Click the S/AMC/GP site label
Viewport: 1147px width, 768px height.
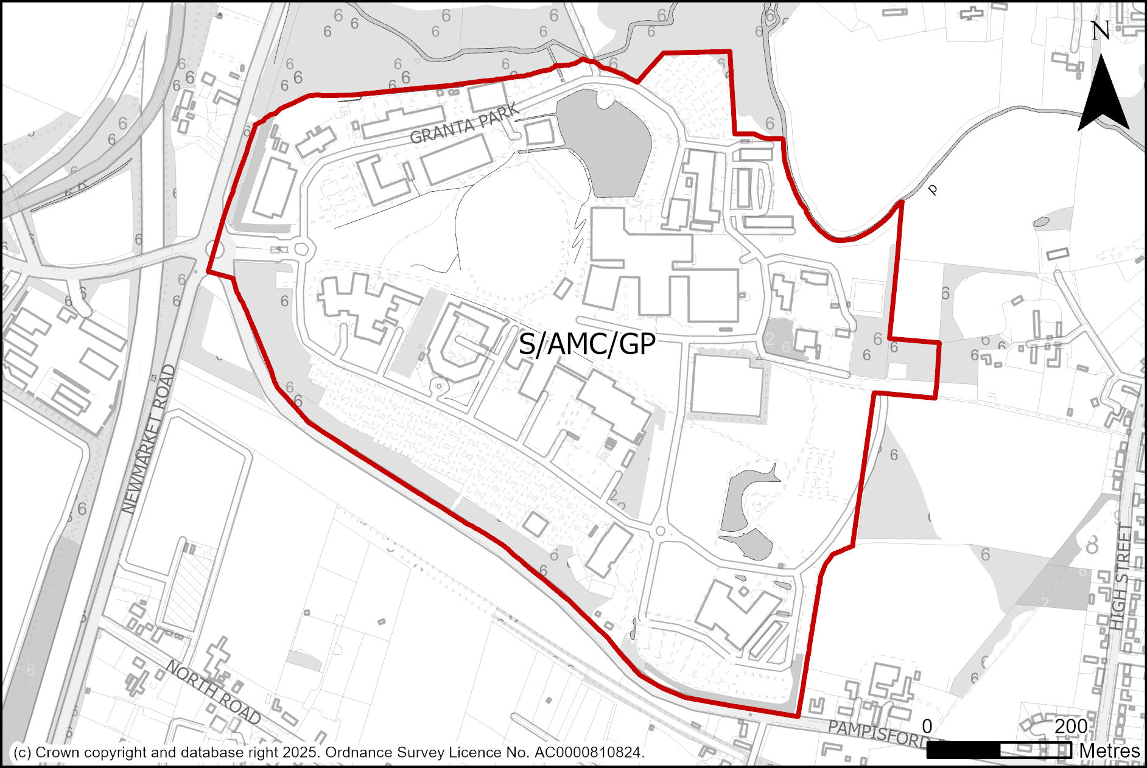pyautogui.click(x=586, y=344)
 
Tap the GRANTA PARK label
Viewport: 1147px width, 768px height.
pyautogui.click(x=465, y=124)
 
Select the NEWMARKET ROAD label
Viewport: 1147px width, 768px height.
pyautogui.click(x=149, y=439)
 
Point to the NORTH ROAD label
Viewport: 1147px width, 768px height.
pyautogui.click(x=213, y=692)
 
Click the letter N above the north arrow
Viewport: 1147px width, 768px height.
pyautogui.click(x=1101, y=31)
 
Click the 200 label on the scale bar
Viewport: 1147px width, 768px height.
pyautogui.click(x=1071, y=726)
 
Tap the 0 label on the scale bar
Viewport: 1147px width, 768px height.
pyautogui.click(x=927, y=726)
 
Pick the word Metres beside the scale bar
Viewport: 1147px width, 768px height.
pyautogui.click(x=1109, y=751)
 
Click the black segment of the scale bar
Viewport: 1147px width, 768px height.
pyautogui.click(x=963, y=750)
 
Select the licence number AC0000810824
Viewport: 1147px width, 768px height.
pyautogui.click(x=588, y=753)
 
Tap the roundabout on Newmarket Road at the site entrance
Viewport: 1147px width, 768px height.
pyautogui.click(x=215, y=250)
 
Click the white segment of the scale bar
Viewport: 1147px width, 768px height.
pyautogui.click(x=1035, y=750)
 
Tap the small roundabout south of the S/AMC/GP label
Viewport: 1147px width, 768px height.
pyautogui.click(x=659, y=531)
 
